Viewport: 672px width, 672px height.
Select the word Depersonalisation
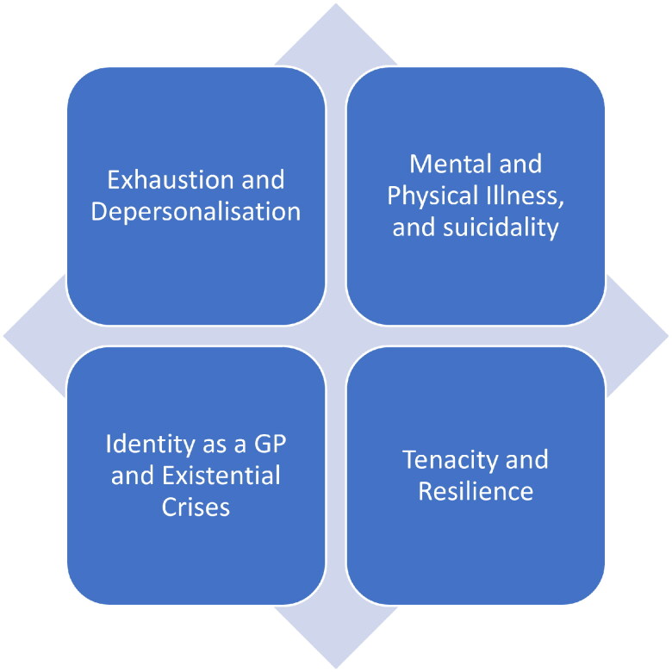click(196, 211)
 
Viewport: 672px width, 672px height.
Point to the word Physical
click(431, 196)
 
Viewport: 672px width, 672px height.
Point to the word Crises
click(196, 506)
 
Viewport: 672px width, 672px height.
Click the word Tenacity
click(445, 459)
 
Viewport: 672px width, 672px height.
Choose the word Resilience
click(476, 491)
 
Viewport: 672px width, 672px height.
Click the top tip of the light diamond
click(336, 5)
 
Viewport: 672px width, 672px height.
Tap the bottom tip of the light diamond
click(336, 667)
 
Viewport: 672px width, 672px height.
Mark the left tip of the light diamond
click(5, 336)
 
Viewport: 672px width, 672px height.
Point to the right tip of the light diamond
click(667, 336)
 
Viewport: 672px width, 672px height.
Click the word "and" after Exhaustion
click(264, 180)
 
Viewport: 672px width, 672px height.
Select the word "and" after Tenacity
click(526, 459)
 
